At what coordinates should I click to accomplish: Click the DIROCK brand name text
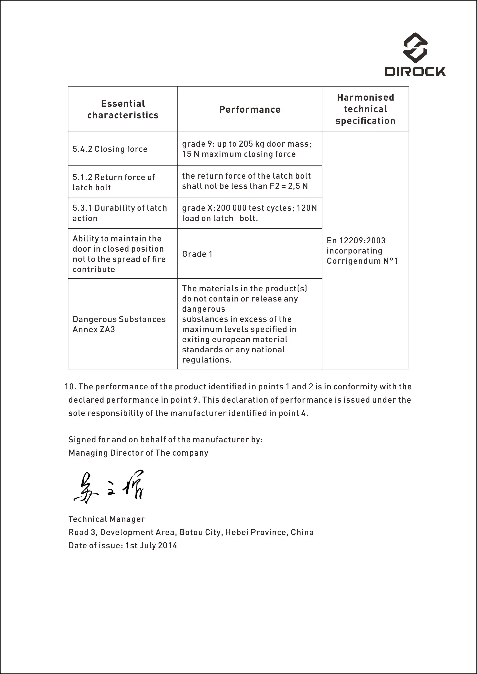coord(415,72)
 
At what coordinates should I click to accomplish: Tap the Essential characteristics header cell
coord(123,109)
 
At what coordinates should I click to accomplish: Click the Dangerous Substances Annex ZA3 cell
coord(119,324)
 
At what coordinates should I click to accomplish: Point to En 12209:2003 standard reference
coord(356,241)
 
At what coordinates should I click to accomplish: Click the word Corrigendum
coord(354,261)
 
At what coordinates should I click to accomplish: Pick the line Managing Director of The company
coord(138,453)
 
